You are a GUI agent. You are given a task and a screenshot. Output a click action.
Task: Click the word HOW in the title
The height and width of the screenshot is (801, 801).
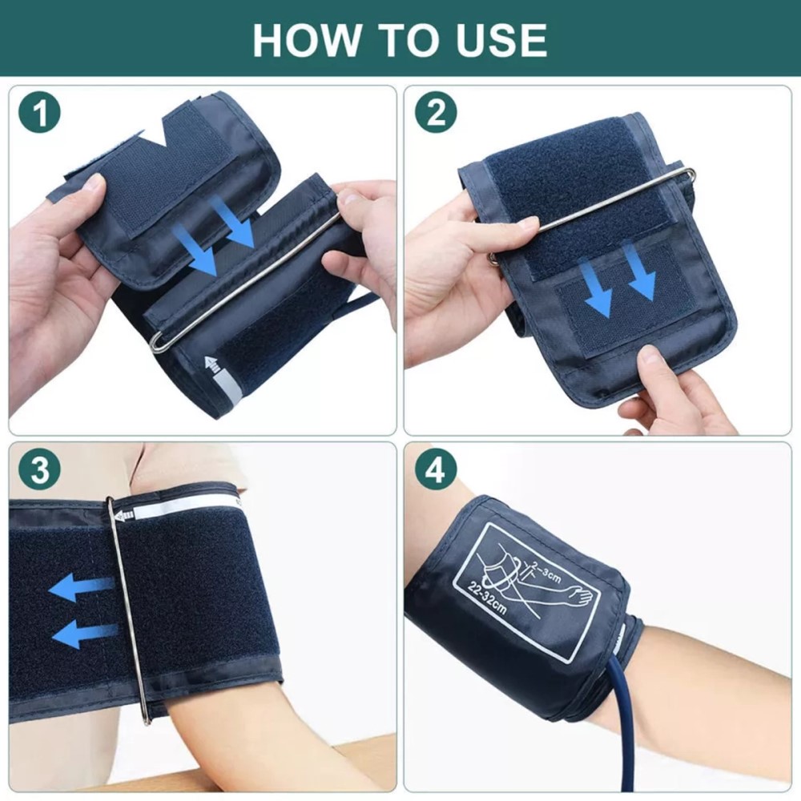(306, 40)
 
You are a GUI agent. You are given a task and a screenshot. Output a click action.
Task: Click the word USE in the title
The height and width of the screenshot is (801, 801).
(501, 40)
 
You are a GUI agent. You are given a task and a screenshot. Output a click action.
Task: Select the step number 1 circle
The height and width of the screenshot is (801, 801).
(40, 113)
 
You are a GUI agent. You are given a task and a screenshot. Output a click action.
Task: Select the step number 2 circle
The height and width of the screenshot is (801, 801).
(436, 113)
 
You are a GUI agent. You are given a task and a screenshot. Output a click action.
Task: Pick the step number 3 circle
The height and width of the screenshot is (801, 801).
(40, 469)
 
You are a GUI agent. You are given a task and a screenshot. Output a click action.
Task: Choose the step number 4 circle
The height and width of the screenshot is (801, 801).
(436, 469)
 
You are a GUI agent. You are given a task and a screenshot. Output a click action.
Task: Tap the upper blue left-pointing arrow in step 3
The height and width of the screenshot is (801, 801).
(82, 587)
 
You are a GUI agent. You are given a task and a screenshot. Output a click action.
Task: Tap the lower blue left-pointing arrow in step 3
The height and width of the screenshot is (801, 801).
(85, 634)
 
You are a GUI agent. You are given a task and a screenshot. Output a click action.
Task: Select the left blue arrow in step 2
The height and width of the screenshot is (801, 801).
(596, 288)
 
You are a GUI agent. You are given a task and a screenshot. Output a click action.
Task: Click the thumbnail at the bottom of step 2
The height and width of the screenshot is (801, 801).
(650, 357)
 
